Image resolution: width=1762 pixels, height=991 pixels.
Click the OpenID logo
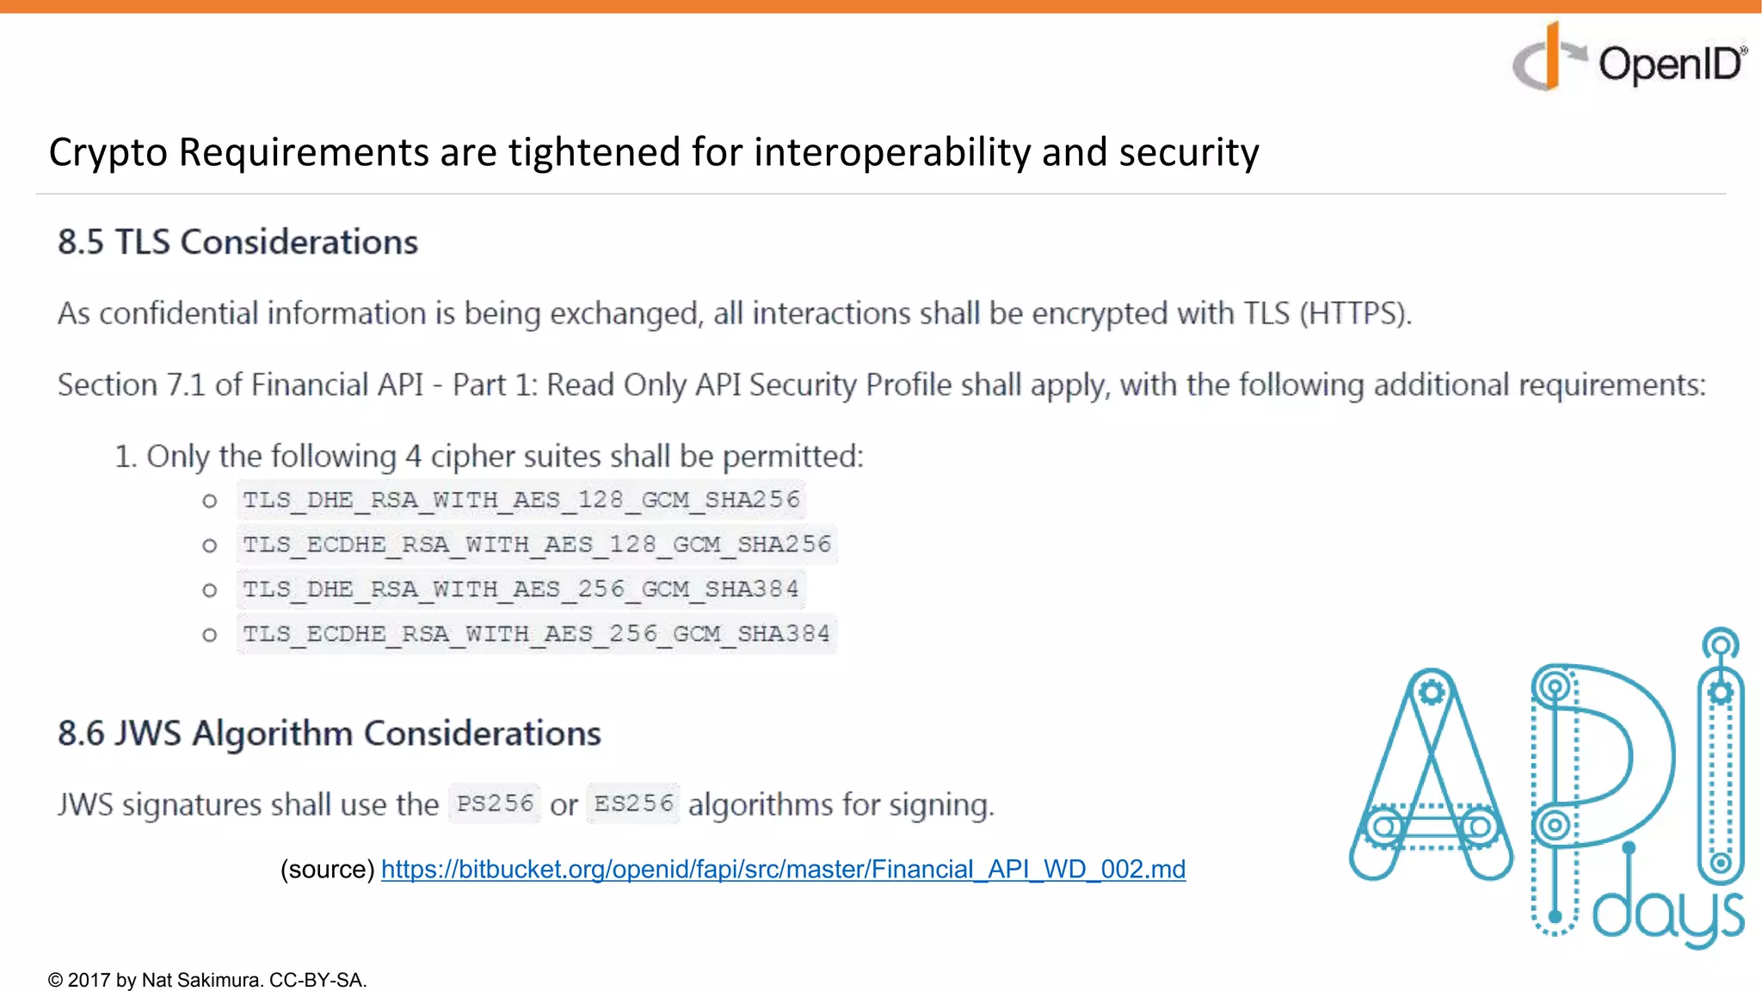[1630, 60]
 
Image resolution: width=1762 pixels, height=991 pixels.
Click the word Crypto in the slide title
[108, 153]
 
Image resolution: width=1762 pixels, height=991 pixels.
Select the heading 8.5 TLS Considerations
[237, 243]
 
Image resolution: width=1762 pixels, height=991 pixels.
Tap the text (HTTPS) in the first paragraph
[1355, 313]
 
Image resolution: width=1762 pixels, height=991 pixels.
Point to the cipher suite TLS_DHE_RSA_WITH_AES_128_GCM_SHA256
[521, 500]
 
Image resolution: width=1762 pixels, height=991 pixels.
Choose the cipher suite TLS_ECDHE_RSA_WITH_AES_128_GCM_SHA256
[537, 545]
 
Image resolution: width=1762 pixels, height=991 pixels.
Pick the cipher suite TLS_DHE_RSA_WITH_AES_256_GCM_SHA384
[521, 589]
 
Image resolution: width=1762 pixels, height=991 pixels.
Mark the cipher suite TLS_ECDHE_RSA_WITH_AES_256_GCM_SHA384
[536, 634]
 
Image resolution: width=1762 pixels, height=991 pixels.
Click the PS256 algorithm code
[495, 803]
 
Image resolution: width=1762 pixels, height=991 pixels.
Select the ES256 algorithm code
[633, 803]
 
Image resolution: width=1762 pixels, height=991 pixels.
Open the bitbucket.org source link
[783, 869]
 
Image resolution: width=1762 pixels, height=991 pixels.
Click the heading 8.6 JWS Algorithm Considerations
[330, 734]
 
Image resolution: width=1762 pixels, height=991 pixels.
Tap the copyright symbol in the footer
[56, 980]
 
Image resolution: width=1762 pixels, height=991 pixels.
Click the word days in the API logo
[1667, 917]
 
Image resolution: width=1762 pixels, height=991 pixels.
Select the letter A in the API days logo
[1431, 774]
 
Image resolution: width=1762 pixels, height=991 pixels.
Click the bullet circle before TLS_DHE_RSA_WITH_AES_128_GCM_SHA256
[209, 501]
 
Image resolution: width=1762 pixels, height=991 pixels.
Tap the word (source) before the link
[327, 869]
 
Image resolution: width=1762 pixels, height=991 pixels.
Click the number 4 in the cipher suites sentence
[413, 456]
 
